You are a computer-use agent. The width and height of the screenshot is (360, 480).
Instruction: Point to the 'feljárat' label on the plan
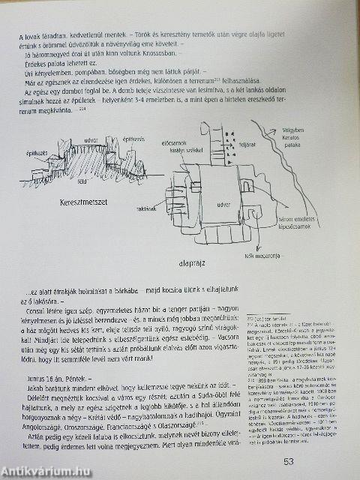[247, 138]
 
